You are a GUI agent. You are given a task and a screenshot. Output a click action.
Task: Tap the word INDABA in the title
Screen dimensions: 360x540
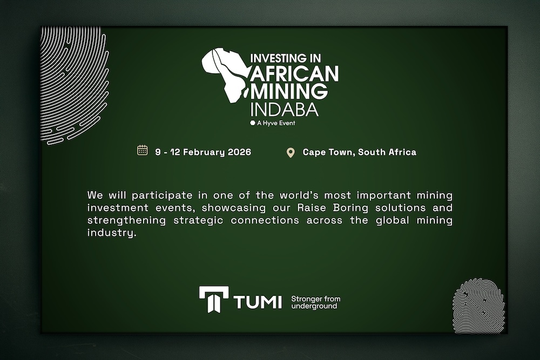pos(284,109)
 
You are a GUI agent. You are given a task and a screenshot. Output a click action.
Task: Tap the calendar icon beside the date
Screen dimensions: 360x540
pos(143,150)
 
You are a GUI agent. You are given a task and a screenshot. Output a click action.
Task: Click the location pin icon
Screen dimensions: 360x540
pos(291,153)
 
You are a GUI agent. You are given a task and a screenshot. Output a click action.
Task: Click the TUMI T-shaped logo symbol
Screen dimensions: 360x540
pos(213,299)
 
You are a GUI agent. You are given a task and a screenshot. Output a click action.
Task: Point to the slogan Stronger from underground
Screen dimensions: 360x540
pos(315,302)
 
